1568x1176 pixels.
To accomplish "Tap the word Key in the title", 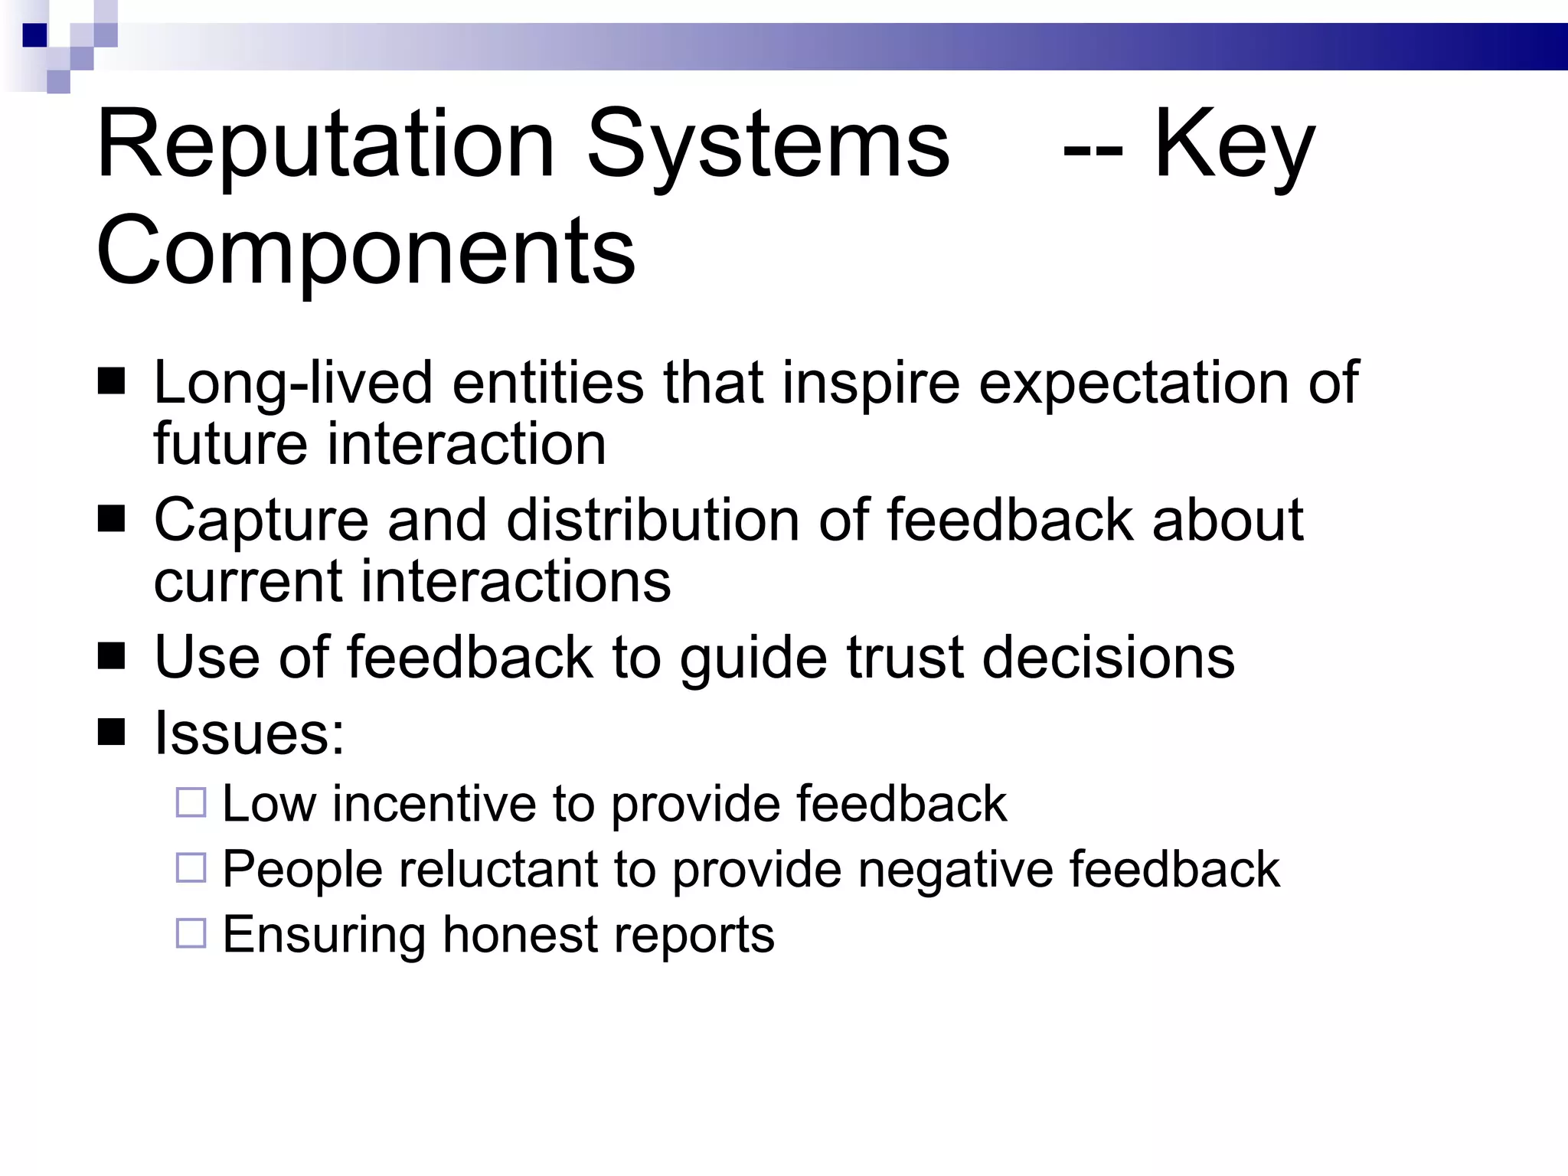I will (1233, 145).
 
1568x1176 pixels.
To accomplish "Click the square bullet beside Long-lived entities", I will (112, 381).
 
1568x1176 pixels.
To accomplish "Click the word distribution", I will (653, 520).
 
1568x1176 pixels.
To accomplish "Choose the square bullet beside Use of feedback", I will (112, 656).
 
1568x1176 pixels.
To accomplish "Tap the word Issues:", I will (250, 733).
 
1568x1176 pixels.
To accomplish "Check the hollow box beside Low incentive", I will (191, 802).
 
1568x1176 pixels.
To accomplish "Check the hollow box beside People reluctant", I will (191, 867).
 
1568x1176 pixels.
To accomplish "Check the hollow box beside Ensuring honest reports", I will (191, 933).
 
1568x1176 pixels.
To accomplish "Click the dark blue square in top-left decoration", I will (35, 35).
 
